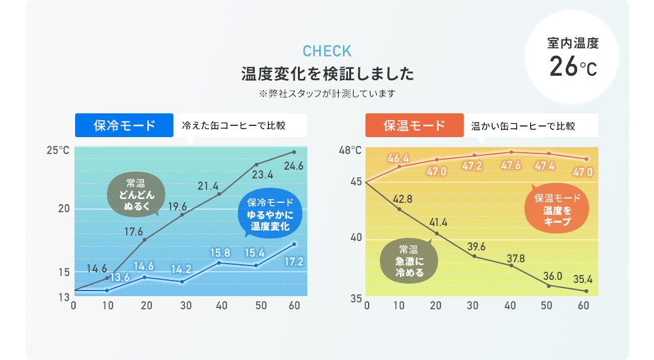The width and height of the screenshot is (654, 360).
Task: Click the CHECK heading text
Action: click(x=327, y=51)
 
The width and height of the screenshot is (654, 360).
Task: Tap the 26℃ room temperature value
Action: click(x=573, y=67)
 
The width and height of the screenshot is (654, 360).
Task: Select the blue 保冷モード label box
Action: click(x=124, y=125)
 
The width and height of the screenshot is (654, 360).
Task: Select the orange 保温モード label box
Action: click(x=414, y=125)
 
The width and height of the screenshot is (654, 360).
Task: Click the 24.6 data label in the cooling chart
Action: click(x=293, y=166)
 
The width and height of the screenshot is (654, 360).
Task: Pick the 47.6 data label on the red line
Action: click(x=511, y=166)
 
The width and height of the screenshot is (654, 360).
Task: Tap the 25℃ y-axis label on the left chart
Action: click(x=58, y=151)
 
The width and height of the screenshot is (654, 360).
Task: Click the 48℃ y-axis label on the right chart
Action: click(x=350, y=151)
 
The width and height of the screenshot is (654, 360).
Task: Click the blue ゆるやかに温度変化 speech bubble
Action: click(x=269, y=214)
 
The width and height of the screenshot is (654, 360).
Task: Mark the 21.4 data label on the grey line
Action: click(x=208, y=186)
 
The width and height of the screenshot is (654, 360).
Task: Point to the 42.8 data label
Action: click(x=402, y=199)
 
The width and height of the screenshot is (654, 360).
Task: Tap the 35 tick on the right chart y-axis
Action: click(x=356, y=299)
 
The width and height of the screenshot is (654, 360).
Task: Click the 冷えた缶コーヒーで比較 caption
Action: click(x=233, y=126)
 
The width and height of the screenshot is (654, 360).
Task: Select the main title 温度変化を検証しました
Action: click(x=327, y=75)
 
